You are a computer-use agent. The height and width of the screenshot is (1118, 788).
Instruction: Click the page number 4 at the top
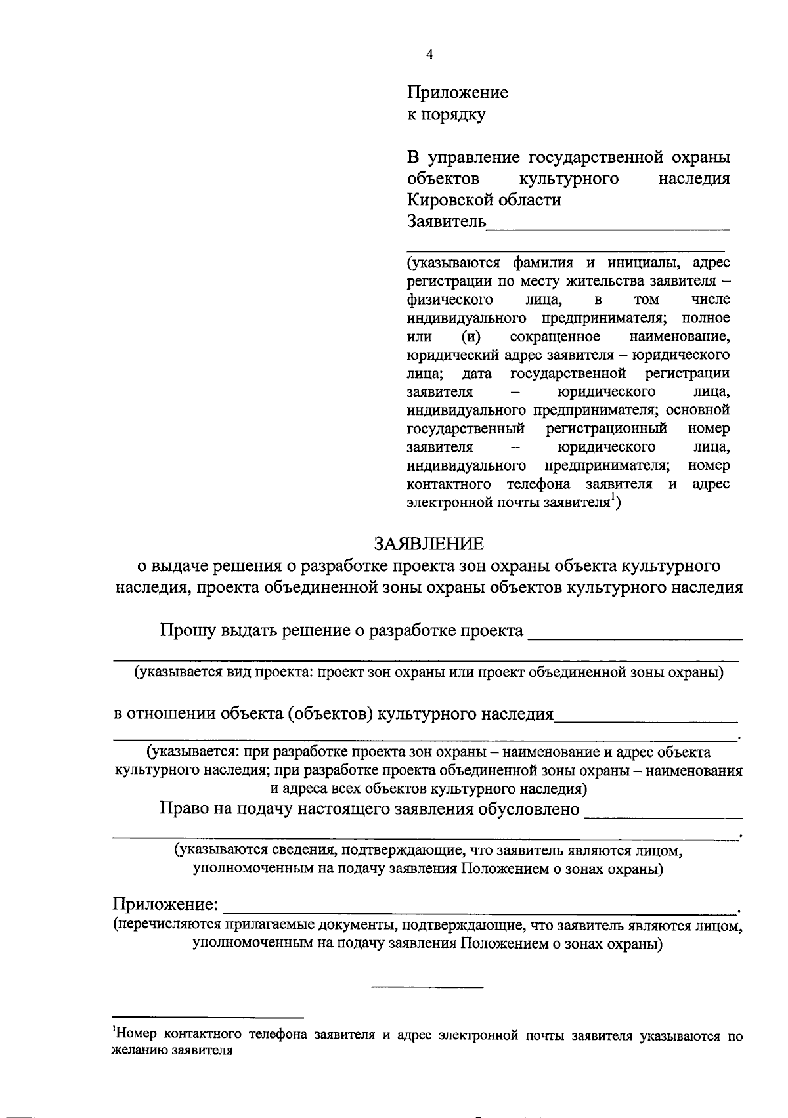(429, 55)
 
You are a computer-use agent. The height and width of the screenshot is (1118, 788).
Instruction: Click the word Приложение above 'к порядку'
(457, 93)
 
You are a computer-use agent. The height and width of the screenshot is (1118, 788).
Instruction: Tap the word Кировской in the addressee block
(450, 200)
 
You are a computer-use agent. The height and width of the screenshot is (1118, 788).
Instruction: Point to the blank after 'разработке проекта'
(634, 634)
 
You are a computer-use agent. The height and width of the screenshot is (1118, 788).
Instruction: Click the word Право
(185, 808)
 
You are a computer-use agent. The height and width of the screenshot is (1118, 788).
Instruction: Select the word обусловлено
(528, 809)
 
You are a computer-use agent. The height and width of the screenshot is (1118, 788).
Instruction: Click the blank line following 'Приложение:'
(479, 909)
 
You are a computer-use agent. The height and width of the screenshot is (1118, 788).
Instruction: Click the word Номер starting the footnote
(137, 1035)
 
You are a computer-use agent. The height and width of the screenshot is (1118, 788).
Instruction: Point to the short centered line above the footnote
(427, 987)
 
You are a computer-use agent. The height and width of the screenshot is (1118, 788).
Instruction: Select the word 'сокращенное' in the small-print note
(555, 337)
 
